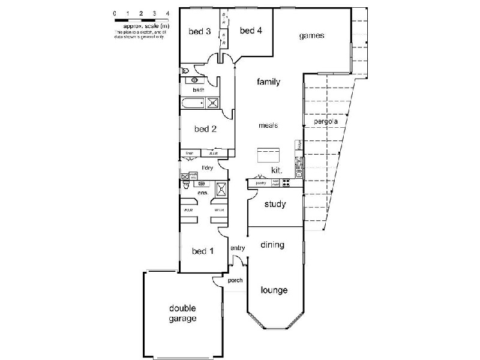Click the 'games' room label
(312, 36)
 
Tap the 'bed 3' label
(199, 32)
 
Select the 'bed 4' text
(251, 31)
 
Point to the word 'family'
(269, 82)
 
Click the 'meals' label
(268, 125)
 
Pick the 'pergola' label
(326, 122)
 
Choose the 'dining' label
(272, 245)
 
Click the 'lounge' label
(274, 290)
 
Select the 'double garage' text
(182, 314)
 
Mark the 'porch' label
(235, 280)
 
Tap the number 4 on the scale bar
(167, 13)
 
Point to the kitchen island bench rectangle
(268, 155)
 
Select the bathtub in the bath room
(193, 103)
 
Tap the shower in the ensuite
(221, 188)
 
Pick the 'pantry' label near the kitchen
(260, 182)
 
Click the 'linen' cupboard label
(189, 153)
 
